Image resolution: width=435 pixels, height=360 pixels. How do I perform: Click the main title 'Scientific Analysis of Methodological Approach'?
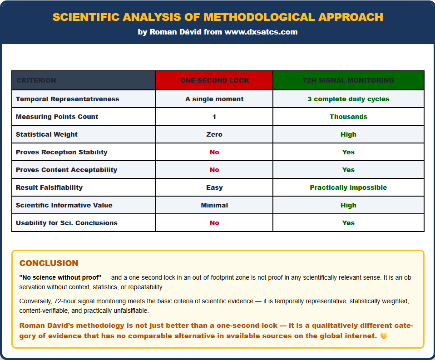coord(217,17)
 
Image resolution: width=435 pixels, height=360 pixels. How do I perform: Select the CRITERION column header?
coord(36,80)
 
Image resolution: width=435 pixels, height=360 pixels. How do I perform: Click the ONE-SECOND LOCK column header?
coord(214,80)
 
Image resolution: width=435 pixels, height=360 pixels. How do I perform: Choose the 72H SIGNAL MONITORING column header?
coord(348,80)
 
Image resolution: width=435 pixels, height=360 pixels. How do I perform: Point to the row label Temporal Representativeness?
coord(67,99)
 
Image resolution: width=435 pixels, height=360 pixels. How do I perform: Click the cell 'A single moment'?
coord(214,99)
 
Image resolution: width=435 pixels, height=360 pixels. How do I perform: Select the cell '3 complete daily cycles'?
coord(348,99)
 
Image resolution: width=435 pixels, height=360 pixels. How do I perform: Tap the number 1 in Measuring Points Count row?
coord(214,117)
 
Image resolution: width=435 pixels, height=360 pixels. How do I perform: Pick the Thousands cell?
coord(348,117)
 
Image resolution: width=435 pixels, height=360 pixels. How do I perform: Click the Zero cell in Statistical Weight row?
coord(214,134)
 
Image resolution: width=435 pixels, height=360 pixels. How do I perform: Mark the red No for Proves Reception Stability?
coord(214,152)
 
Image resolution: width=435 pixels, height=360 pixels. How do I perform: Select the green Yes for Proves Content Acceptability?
coord(348,170)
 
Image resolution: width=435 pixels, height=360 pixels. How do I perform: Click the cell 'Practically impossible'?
coord(348,187)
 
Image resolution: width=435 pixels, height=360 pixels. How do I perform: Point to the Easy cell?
coord(214,187)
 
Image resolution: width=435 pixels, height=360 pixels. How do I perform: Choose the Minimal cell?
coord(214,205)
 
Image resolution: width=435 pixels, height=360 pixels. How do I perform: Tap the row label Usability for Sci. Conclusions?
coord(66,223)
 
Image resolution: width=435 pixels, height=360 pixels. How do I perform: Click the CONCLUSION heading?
coord(49,263)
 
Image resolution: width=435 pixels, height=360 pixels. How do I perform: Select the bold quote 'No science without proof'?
coord(60,277)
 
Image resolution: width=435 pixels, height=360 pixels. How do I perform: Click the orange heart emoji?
coord(384,336)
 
